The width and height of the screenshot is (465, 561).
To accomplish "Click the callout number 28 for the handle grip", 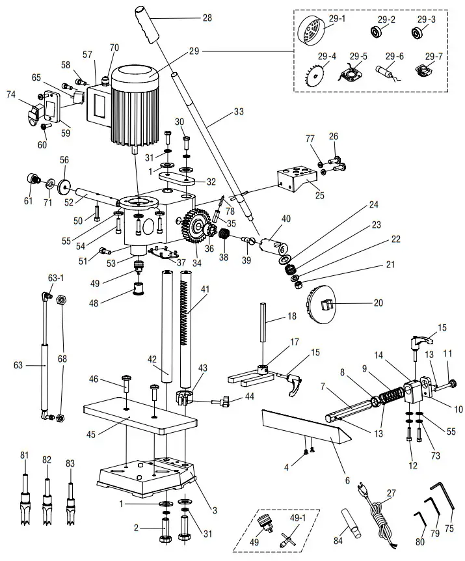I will tap(207, 18).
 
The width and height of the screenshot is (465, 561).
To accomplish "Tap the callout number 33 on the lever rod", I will tap(239, 111).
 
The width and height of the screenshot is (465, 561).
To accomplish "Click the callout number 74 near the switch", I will tap(10, 94).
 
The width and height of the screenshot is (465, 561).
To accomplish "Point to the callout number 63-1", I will tap(55, 277).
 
